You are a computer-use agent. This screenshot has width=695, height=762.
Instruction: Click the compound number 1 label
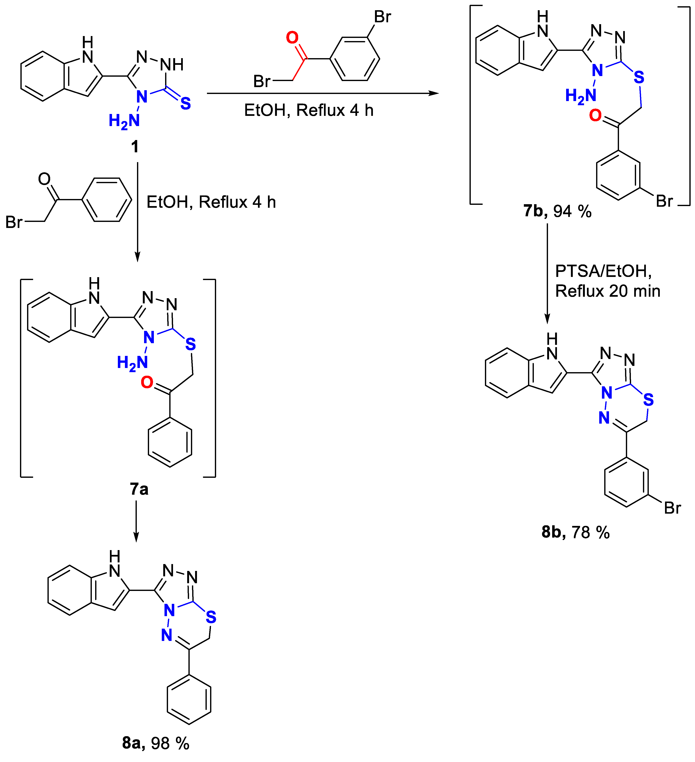(x=135, y=147)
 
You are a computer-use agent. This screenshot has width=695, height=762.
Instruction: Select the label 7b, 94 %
(x=557, y=211)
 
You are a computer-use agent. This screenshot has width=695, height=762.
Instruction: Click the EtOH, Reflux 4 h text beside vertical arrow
(x=211, y=202)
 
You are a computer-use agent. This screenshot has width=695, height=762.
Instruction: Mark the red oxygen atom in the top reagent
(x=292, y=38)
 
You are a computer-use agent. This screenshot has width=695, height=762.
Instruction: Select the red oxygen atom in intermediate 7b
(x=595, y=115)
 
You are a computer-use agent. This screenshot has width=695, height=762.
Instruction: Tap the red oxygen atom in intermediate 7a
(x=147, y=383)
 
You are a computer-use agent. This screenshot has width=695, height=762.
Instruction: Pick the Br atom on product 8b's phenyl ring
(x=672, y=508)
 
